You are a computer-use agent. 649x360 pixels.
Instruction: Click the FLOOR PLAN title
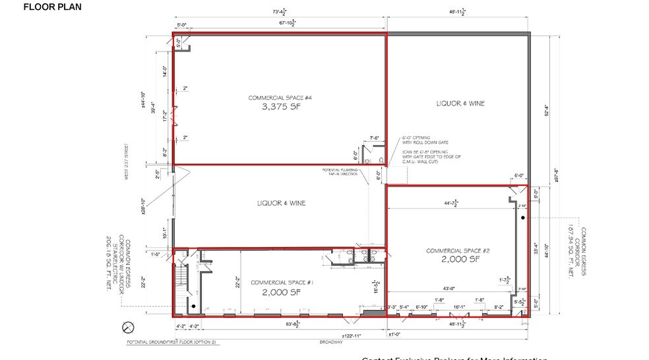[52, 7]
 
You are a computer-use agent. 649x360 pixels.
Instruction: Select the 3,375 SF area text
[280, 109]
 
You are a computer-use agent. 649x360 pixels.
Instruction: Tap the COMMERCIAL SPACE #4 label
[280, 98]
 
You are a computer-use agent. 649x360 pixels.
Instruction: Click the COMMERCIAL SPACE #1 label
[281, 282]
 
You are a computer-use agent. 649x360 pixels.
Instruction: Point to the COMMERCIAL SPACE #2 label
[457, 251]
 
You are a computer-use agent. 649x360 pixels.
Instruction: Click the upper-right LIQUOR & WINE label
[460, 104]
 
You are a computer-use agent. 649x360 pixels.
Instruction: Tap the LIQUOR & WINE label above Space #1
[281, 203]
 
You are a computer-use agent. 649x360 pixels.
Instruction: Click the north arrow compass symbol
[129, 326]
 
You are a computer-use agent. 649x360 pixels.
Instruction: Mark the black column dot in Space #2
[522, 218]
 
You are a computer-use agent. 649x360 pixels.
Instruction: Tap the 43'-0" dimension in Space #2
[450, 288]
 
